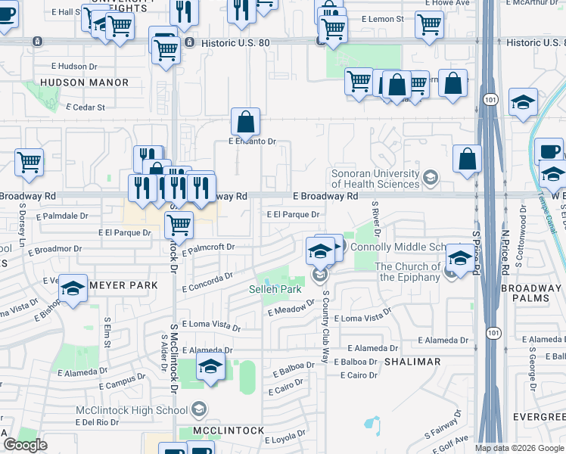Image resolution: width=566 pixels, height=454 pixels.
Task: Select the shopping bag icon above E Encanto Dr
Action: (245, 121)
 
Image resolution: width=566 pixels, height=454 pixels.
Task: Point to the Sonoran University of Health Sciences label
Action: (375, 179)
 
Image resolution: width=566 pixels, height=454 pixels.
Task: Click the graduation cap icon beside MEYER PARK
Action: (73, 289)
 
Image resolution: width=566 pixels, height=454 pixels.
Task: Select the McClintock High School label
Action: (130, 410)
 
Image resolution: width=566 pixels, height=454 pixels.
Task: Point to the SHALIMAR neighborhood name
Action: (412, 362)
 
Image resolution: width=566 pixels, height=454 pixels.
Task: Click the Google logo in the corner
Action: (25, 445)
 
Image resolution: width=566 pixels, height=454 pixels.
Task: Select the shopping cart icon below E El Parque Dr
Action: (179, 224)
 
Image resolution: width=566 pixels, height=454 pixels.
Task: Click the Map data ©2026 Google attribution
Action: (519, 448)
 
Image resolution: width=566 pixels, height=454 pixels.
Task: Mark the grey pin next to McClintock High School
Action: (198, 410)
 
